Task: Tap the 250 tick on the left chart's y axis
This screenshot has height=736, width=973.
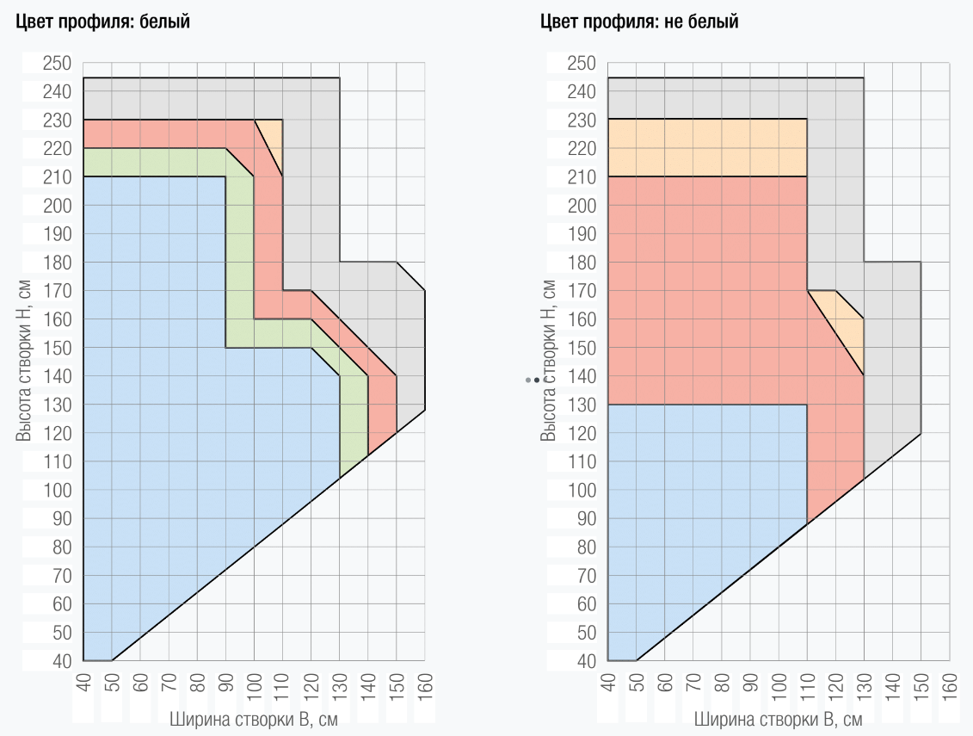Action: (59, 64)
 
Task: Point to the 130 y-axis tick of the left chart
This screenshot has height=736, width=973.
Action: (59, 405)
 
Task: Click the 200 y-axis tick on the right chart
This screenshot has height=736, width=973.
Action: (582, 206)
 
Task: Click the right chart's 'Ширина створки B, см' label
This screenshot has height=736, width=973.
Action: (778, 720)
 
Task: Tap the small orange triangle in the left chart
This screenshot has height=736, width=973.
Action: (274, 138)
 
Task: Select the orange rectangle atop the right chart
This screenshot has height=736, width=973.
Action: (707, 148)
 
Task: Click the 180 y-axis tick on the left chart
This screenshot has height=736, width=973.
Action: (59, 263)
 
